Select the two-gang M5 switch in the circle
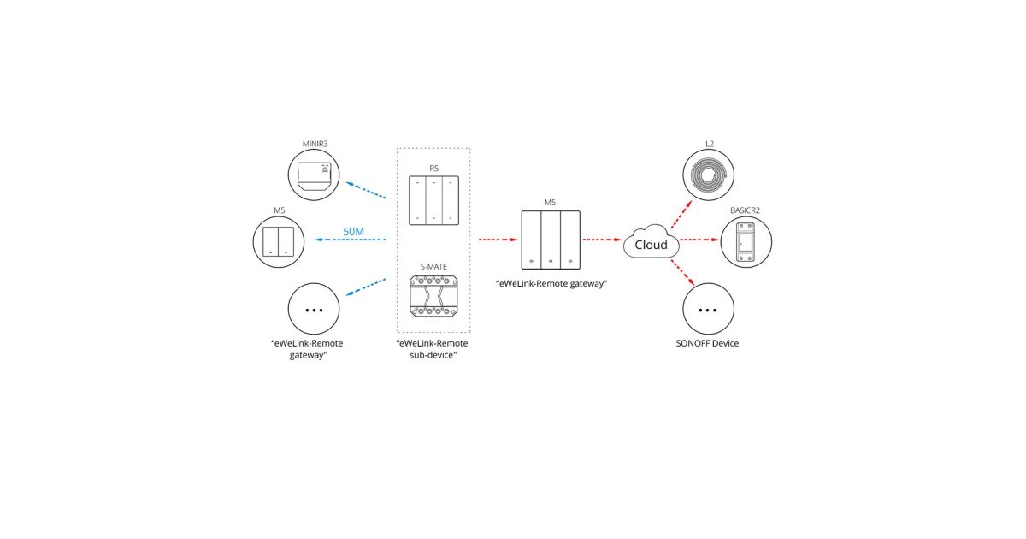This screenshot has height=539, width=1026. click(x=279, y=241)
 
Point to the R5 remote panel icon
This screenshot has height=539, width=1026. click(x=433, y=201)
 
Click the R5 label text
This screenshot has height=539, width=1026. click(x=433, y=169)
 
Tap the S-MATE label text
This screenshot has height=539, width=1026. click(x=433, y=267)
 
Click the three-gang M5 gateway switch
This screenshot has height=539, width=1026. click(x=551, y=240)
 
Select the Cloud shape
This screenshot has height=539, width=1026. click(x=651, y=244)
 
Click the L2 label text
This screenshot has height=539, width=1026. click(x=709, y=143)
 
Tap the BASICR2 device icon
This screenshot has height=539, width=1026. click(x=746, y=241)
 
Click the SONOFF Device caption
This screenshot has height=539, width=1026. click(x=707, y=343)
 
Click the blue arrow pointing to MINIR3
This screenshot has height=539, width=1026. click(x=365, y=189)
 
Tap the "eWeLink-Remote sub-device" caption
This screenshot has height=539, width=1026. click(x=433, y=349)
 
